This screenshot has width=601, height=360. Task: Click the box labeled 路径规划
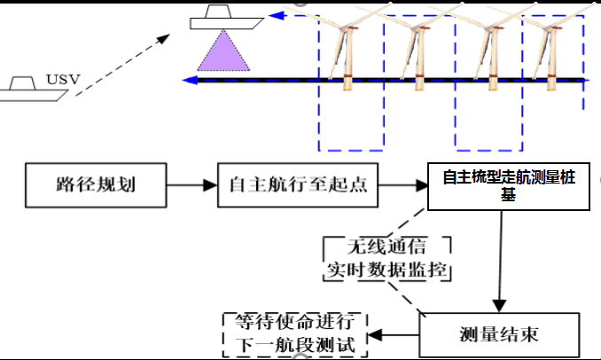tap(95, 186)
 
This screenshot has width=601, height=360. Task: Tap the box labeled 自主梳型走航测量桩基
tap(509, 186)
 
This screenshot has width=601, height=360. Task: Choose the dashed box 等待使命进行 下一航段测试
tap(294, 334)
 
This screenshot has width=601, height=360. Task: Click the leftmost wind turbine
tap(344, 44)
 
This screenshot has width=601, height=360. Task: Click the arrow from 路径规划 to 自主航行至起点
tap(191, 186)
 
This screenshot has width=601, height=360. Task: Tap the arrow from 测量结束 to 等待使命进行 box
tap(394, 335)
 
